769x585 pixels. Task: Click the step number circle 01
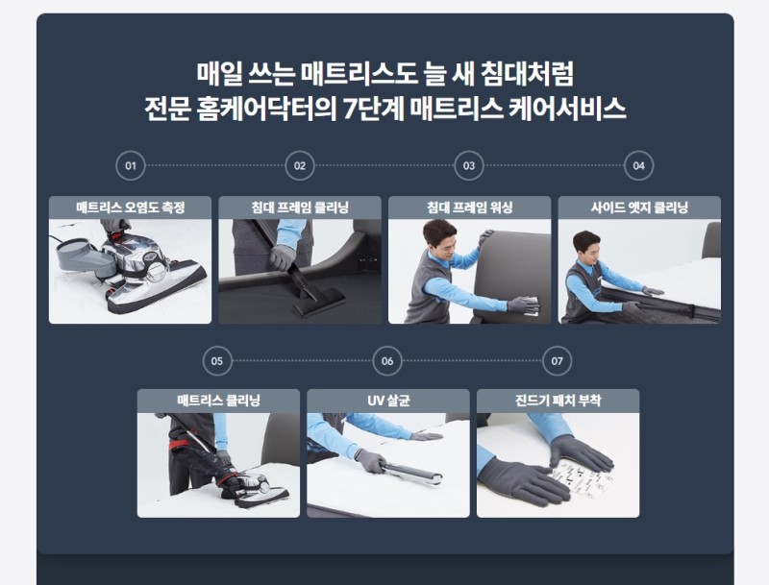[x=131, y=165]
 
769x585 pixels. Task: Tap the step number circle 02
[x=300, y=165]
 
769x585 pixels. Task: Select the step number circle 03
[x=469, y=165]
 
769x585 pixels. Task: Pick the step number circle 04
[x=638, y=165]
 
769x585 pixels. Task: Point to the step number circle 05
[x=217, y=361]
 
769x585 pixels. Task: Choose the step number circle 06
[x=387, y=361]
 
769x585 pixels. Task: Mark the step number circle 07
[x=558, y=361]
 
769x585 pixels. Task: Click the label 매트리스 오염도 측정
[x=131, y=207]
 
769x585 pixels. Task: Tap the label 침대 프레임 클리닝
[x=300, y=207]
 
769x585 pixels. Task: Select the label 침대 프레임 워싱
[x=469, y=207]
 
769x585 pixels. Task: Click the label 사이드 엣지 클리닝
[x=639, y=207]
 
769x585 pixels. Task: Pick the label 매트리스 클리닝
[x=218, y=400]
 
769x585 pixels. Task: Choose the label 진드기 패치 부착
[x=558, y=400]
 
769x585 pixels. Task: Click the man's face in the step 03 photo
[x=439, y=239]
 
